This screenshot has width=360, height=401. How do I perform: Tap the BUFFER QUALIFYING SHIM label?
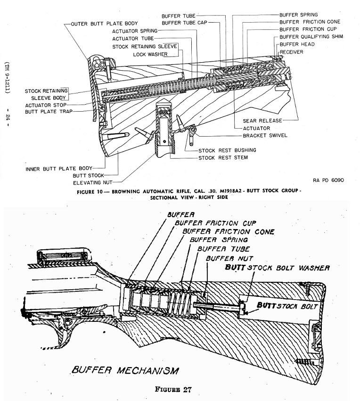tap(311, 37)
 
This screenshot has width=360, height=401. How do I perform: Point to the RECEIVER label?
tap(292, 52)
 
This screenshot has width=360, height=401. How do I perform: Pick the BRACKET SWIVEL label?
tap(265, 135)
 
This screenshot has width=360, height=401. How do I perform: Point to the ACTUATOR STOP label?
tap(46, 105)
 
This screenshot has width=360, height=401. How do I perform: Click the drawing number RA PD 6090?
tap(328, 180)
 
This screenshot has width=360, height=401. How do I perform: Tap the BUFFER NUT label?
tap(229, 258)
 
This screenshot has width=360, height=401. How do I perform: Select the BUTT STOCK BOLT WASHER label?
tap(277, 268)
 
